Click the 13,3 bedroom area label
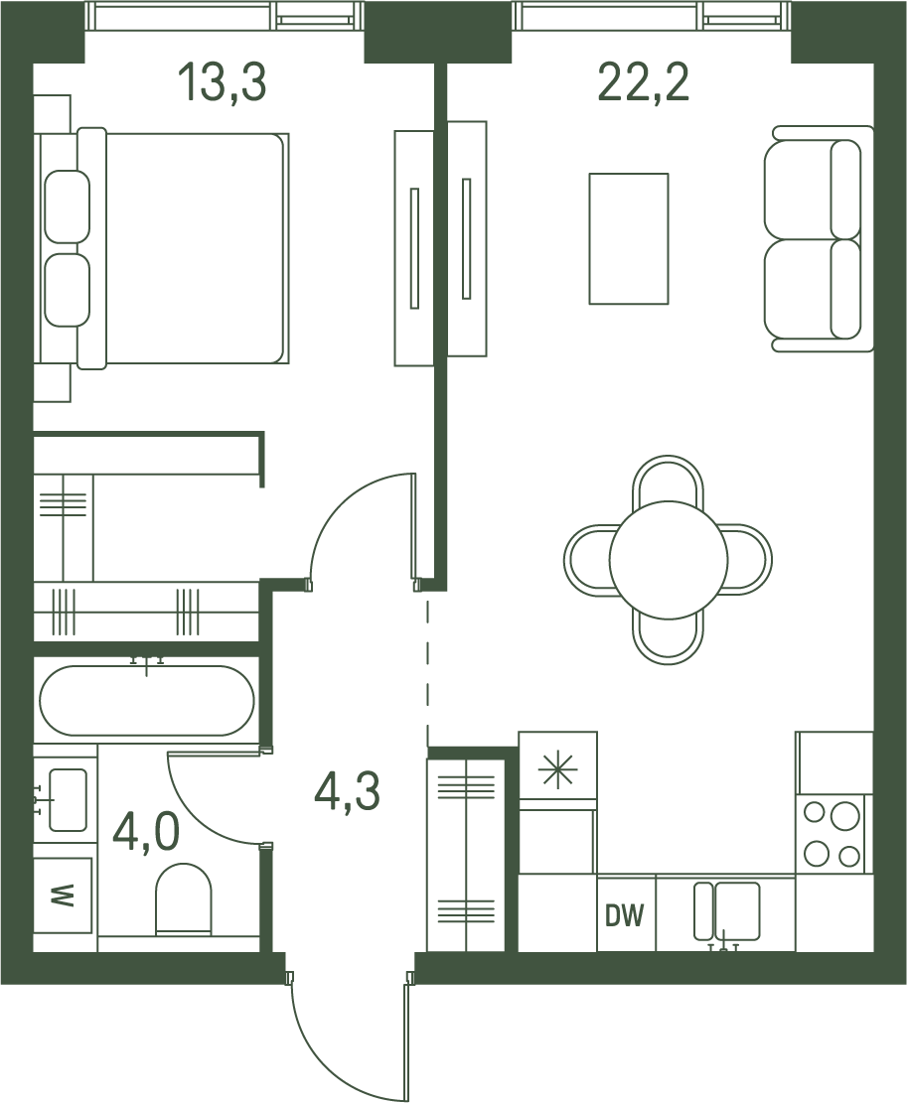click(223, 83)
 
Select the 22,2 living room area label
click(643, 83)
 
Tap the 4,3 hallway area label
click(348, 791)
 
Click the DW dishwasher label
click(625, 916)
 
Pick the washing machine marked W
click(64, 896)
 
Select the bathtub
click(147, 701)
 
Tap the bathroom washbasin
click(66, 800)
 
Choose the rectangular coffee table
click(629, 238)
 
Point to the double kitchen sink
click(727, 911)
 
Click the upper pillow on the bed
click(67, 207)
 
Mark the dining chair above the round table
click(668, 482)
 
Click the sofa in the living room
click(818, 238)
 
